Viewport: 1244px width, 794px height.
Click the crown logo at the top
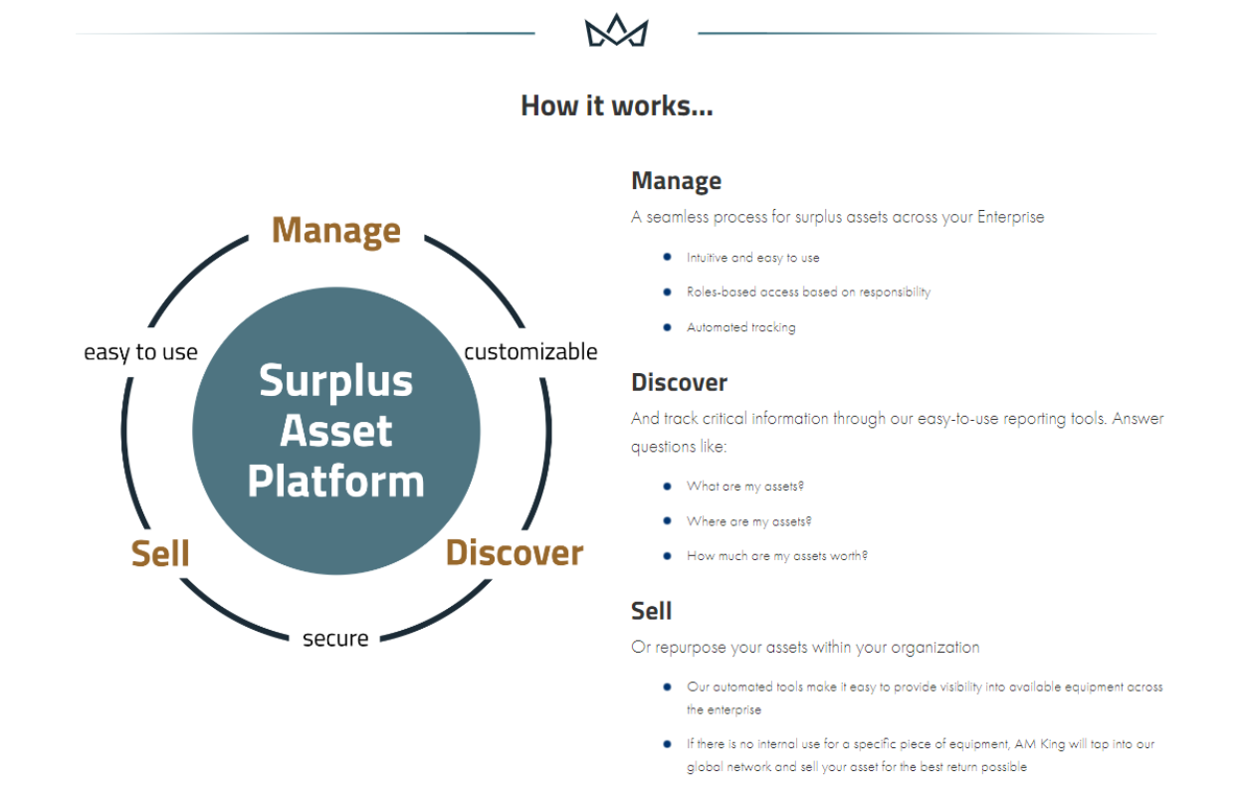point(616,32)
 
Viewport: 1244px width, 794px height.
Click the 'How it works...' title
point(616,105)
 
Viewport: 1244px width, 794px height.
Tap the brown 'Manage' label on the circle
point(336,230)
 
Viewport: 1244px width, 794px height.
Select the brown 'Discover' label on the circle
point(514,552)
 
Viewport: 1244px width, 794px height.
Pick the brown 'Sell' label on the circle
point(160,554)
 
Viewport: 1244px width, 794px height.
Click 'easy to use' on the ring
point(140,352)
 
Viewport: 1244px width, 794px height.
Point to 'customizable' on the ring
point(530,351)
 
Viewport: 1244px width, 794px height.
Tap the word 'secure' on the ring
point(335,638)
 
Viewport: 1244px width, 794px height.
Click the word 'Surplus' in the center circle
point(335,381)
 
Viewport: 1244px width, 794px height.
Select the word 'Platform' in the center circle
point(335,482)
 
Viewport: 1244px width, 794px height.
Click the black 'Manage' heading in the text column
point(676,181)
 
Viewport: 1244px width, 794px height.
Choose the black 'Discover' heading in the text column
point(679,382)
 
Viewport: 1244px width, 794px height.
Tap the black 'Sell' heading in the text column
point(652,611)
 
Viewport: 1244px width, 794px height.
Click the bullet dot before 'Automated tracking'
point(667,326)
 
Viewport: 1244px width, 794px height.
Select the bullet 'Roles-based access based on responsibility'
point(808,293)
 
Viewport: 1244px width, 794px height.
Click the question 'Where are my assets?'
point(749,521)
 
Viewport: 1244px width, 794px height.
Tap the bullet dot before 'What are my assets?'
point(667,486)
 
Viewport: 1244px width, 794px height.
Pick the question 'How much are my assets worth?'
point(776,556)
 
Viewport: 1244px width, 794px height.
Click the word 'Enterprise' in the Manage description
point(1010,217)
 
